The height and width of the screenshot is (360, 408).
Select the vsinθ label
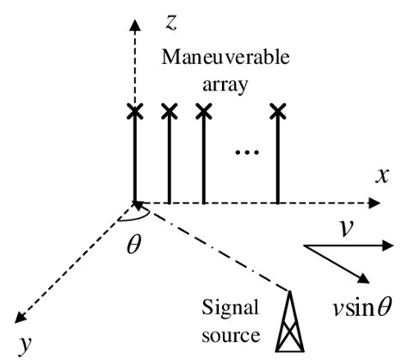(354, 305)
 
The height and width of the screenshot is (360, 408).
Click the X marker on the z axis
(134, 111)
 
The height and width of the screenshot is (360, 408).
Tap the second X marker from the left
(170, 111)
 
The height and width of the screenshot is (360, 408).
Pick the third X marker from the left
(203, 111)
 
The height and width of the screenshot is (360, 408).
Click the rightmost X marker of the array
(276, 111)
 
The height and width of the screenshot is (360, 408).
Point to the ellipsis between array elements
(247, 153)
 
